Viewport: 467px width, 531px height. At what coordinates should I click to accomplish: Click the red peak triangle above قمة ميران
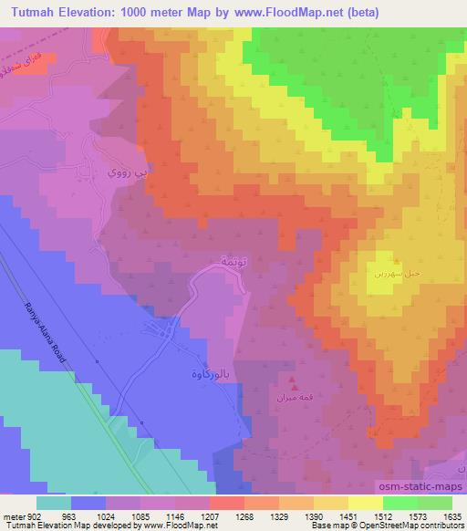292,381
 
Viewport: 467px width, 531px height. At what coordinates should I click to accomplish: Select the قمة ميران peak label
291,397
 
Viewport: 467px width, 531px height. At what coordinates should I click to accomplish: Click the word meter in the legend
13,515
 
